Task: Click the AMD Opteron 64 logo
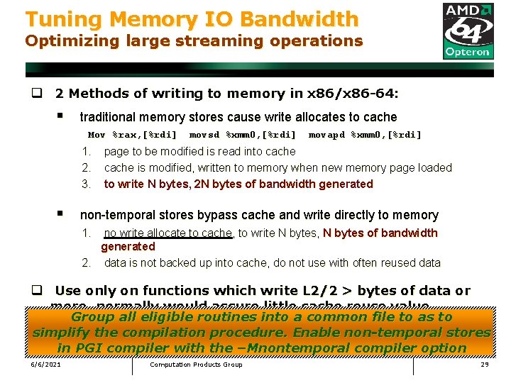tap(468, 30)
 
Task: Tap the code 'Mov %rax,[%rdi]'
tap(132, 135)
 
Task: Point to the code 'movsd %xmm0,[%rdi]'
tap(243, 135)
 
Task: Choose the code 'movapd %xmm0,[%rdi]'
tap(365, 135)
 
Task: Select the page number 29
tap(485, 365)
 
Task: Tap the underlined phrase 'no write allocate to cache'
tap(167, 233)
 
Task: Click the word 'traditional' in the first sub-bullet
tap(109, 117)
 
